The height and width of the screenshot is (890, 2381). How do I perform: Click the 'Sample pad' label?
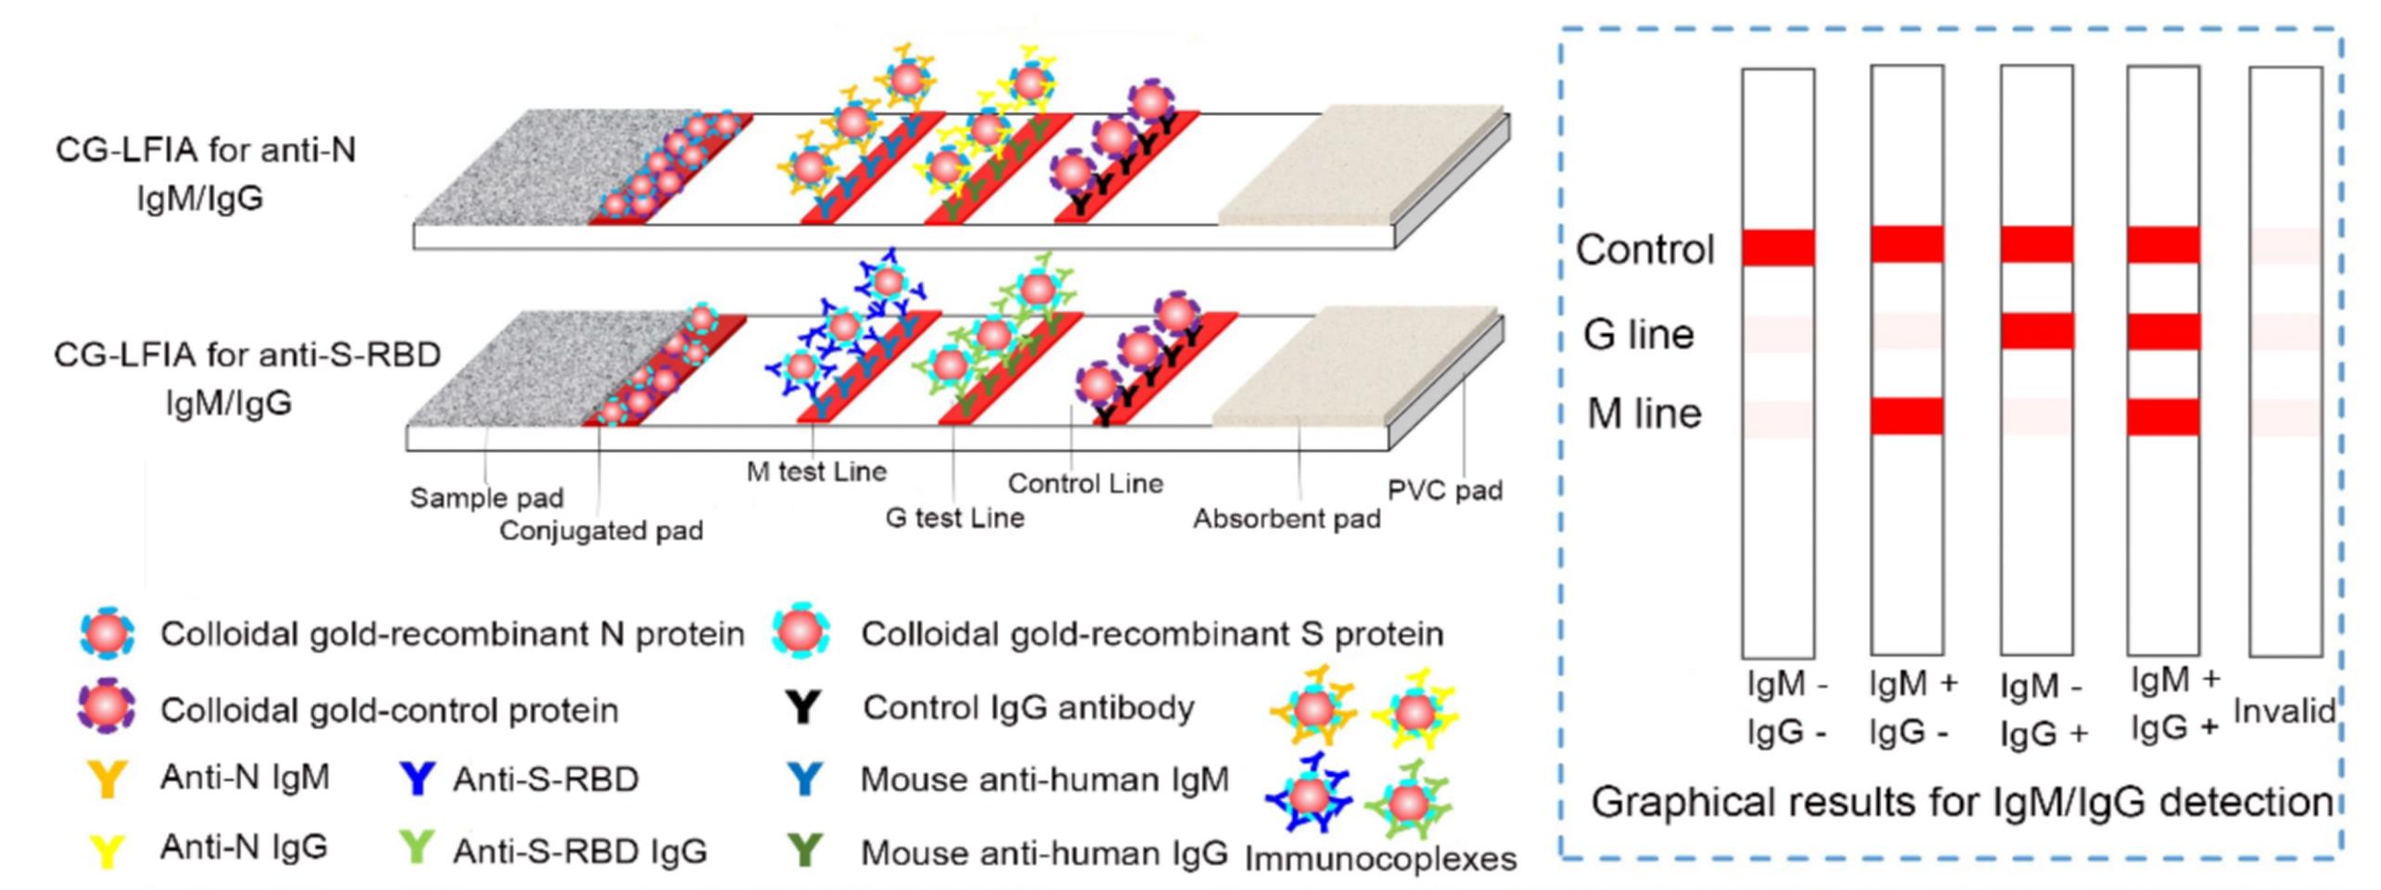(486, 498)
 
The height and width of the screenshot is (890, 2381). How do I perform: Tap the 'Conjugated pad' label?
(601, 531)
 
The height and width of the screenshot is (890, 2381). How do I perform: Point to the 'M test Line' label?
(816, 471)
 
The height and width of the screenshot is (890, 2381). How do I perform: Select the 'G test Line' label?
(954, 517)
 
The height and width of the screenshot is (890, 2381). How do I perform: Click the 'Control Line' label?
(1085, 484)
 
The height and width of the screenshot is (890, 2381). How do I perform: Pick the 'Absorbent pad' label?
(1287, 519)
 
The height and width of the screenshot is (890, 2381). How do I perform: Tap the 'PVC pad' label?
(1444, 490)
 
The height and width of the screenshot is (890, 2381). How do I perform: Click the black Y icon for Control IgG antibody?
(803, 707)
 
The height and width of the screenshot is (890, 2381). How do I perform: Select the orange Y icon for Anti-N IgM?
(108, 779)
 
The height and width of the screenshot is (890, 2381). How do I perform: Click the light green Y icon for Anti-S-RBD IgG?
(416, 847)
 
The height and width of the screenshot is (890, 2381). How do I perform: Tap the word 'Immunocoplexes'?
(1380, 858)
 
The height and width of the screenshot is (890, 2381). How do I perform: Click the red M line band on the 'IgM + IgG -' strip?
(1907, 416)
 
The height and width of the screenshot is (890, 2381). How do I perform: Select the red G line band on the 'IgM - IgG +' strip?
(2036, 331)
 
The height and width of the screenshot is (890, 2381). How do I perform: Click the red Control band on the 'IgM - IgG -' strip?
(1778, 248)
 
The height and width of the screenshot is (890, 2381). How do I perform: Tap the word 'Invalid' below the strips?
(2284, 711)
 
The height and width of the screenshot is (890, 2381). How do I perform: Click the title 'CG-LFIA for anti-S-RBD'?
(247, 355)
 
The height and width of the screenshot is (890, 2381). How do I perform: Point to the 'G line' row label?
(1638, 334)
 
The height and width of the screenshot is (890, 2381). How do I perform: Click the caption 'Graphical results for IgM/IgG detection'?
(1962, 802)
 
